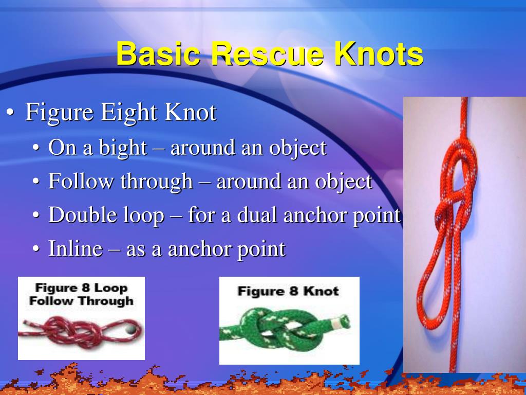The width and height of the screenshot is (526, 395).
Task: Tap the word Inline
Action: (76, 249)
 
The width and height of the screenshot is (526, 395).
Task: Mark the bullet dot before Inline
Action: (35, 249)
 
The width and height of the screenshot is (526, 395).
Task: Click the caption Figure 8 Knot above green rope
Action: (288, 291)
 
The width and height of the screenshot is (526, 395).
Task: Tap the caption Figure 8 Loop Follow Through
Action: (81, 294)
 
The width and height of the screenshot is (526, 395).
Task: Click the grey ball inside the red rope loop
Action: (130, 328)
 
